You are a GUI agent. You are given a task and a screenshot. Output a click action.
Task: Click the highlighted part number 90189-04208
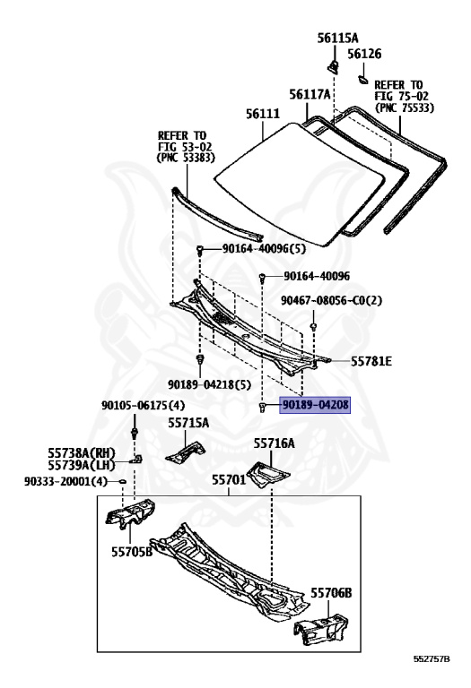316,405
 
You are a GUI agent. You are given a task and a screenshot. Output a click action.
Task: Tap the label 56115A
337,39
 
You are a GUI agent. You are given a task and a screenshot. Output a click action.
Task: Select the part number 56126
364,54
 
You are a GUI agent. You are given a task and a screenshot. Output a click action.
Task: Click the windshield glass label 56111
263,114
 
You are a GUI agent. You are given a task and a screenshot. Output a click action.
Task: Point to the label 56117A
310,94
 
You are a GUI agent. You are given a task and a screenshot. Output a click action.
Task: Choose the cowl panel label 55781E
371,361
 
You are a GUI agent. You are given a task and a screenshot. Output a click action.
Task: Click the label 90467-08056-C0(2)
331,301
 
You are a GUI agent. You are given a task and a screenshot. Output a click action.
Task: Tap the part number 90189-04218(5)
209,385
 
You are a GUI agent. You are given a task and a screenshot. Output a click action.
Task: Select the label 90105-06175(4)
144,406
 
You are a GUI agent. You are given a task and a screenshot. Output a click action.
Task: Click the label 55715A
188,423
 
